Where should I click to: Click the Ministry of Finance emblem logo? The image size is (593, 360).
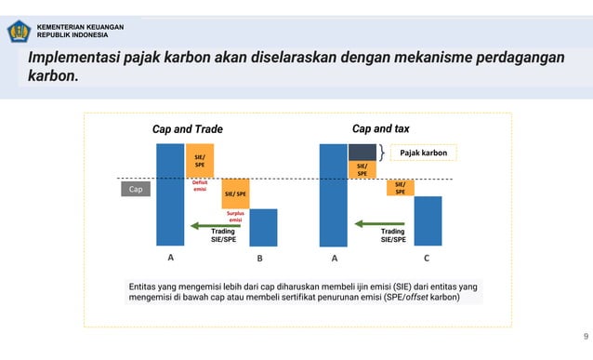tap(19, 32)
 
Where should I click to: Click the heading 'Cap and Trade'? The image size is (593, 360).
tap(187, 129)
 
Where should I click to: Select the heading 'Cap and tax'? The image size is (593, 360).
tap(380, 128)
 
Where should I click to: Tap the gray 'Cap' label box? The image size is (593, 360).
tap(136, 190)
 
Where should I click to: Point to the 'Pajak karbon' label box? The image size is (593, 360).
tap(424, 153)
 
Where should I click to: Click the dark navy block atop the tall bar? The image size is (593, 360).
tap(362, 152)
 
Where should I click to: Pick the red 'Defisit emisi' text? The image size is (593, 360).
tap(200, 187)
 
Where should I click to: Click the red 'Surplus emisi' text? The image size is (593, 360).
tap(235, 217)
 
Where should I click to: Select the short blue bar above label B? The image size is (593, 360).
tap(263, 227)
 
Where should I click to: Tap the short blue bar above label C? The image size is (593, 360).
tap(428, 220)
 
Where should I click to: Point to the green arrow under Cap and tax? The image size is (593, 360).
tap(378, 223)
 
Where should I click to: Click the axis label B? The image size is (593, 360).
tap(260, 259)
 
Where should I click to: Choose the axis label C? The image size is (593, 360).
tap(426, 258)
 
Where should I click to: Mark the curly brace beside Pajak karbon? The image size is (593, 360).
tap(382, 153)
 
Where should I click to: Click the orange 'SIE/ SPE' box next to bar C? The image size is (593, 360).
tap(400, 188)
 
